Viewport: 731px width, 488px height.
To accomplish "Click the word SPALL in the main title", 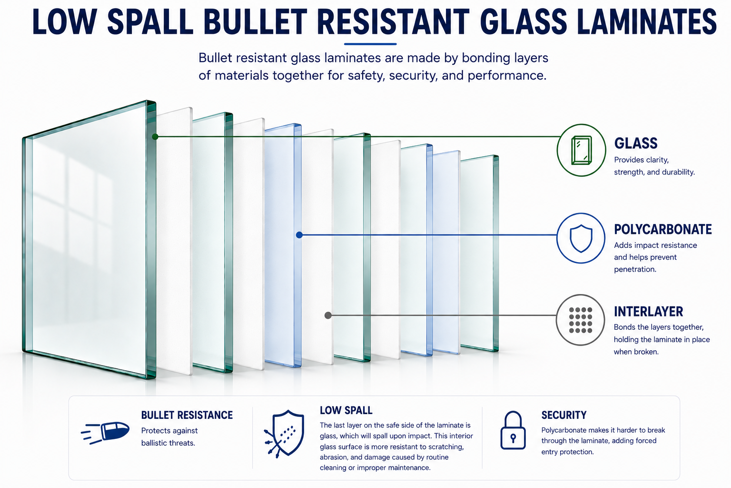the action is pos(150,21).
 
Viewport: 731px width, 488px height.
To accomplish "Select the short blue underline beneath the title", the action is pos(370,44).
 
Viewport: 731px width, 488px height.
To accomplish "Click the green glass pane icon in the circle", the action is pos(581,150).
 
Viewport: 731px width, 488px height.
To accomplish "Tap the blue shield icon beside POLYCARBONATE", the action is pos(581,238).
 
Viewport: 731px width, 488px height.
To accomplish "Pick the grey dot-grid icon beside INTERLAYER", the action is pos(580,320).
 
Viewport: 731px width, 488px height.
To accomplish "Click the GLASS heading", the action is pos(636,143).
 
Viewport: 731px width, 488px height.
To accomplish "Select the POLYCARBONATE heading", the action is pos(663,229).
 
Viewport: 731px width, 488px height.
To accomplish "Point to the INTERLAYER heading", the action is pos(648,312).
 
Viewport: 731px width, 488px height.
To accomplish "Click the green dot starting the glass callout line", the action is pos(155,137).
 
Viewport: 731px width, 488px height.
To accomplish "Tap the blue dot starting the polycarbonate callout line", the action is pos(299,234).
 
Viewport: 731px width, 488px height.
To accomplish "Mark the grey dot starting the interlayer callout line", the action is pos(328,315).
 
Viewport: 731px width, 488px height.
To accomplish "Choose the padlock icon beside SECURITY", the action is pos(513,430).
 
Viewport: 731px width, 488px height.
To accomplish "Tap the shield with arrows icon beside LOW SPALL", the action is pos(284,433).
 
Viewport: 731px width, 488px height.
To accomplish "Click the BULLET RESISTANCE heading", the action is pos(187,415).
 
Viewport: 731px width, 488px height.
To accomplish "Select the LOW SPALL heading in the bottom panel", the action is pos(346,410).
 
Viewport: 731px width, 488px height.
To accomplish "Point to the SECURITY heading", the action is pos(564,415).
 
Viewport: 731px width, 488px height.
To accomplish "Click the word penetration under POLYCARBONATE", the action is pos(635,269).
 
